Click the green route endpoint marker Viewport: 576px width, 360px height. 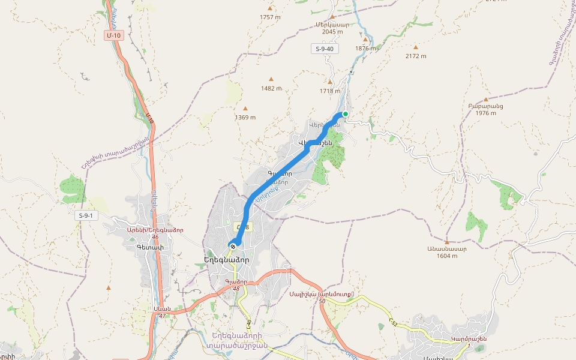[x=345, y=114]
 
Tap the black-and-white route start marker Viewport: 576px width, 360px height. [x=232, y=245]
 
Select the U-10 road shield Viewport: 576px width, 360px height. [x=114, y=35]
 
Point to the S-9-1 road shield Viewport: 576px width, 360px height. [x=88, y=215]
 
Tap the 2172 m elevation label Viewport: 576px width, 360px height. [x=415, y=56]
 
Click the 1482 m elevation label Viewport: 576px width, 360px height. [x=271, y=88]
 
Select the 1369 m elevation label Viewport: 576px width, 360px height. [x=245, y=118]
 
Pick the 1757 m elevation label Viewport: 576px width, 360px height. [x=271, y=17]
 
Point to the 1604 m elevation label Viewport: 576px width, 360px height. [x=446, y=256]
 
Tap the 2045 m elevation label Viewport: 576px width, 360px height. [x=332, y=32]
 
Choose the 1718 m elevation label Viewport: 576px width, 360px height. [x=330, y=91]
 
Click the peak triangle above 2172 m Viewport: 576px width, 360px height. [x=415, y=47]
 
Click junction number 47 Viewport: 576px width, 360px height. [x=162, y=316]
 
